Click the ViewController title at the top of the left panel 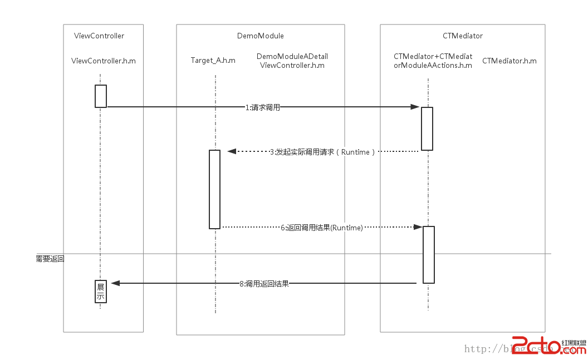pos(99,36)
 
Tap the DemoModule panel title pos(260,36)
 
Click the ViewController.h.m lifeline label pos(104,61)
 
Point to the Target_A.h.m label pos(213,61)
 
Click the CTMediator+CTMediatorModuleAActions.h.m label pos(433,61)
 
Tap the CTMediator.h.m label pos(509,61)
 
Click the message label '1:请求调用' pos(262,108)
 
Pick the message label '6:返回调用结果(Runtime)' pos(321,228)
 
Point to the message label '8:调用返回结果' pos(264,284)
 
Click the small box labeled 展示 pos(101,292)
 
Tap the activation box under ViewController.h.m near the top pos(100,96)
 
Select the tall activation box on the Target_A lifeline pos(214,189)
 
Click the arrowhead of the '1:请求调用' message pos(415,107)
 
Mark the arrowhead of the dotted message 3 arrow pos(232,151)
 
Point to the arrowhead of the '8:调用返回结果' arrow pos(115,283)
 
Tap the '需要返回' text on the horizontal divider pos(50,258)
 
